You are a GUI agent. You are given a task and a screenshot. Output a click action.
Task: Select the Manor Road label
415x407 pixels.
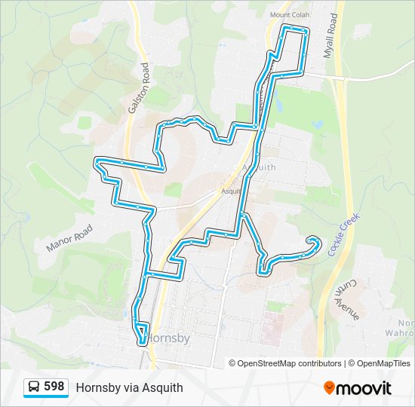click(x=69, y=238)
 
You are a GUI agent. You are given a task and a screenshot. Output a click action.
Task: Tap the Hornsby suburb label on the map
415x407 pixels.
click(x=168, y=338)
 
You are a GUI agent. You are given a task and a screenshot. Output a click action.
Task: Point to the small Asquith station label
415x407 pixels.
click(x=230, y=191)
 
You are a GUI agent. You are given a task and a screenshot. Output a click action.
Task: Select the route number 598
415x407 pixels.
click(x=54, y=387)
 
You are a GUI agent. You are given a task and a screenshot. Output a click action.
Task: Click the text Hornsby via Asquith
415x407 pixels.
click(x=129, y=387)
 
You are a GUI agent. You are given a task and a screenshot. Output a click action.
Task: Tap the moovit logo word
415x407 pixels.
click(x=364, y=388)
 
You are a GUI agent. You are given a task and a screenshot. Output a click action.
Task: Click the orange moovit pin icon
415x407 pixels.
click(x=329, y=388)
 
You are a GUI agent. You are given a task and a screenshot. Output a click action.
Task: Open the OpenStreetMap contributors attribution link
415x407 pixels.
click(x=289, y=363)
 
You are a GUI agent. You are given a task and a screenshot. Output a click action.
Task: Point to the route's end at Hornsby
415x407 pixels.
click(x=142, y=343)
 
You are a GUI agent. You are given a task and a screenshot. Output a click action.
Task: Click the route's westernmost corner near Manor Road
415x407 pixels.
click(x=97, y=161)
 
